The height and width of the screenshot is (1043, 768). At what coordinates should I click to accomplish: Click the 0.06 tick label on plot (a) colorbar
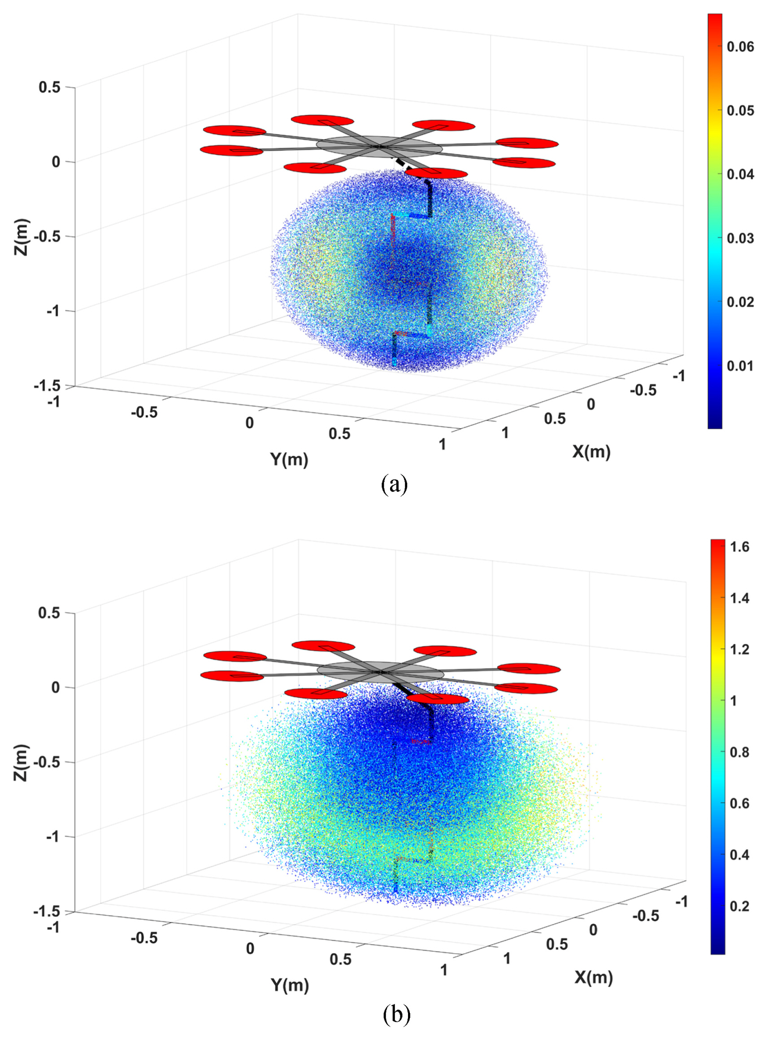[741, 47]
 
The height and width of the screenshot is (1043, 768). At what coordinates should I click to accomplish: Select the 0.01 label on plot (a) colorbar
[741, 366]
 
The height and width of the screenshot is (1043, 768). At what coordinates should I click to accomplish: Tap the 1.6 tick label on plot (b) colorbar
[739, 547]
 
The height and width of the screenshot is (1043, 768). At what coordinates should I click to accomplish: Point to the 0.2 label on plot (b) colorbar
[739, 906]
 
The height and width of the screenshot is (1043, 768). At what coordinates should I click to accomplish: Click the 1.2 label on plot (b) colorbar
[739, 649]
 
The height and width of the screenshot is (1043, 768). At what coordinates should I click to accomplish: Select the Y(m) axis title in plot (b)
[290, 984]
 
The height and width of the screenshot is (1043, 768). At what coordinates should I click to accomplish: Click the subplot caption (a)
[395, 485]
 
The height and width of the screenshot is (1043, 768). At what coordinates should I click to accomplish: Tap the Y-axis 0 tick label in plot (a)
[250, 423]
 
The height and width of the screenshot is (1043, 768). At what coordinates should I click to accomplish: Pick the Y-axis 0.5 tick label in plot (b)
[340, 959]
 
